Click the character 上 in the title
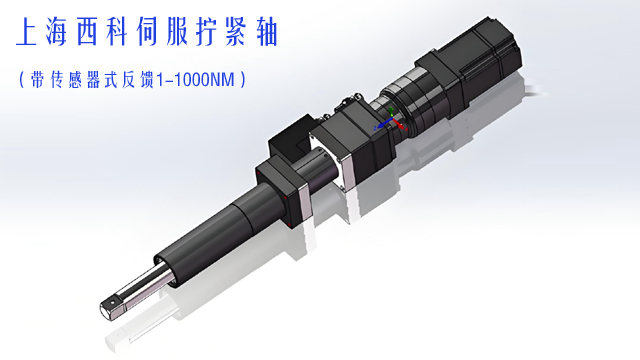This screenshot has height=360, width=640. (27, 32)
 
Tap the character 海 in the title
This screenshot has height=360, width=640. (56, 32)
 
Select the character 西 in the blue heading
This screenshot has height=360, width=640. (87, 32)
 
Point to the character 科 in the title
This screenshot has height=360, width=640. (117, 32)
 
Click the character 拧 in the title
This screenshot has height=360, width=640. (207, 32)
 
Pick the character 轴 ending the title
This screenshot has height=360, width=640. (267, 32)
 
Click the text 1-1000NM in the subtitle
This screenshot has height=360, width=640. (196, 80)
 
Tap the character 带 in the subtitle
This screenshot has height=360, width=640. (37, 80)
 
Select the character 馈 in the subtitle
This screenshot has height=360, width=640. (146, 80)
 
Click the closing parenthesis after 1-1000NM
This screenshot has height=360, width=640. (243, 80)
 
